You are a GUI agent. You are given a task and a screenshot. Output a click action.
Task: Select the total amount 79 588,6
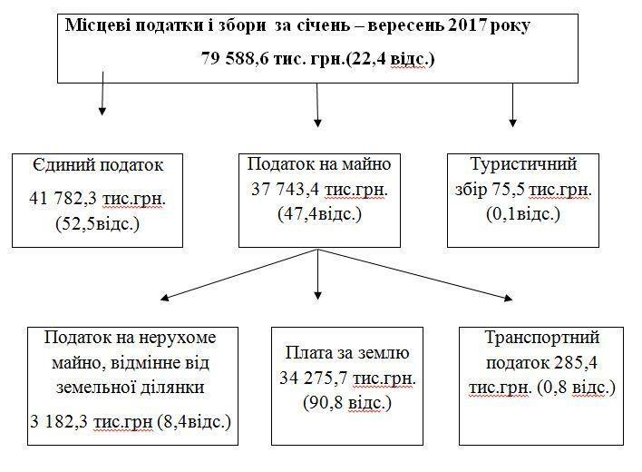pyautogui.click(x=235, y=59)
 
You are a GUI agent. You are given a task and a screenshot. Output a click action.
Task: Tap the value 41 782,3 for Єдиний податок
pyautogui.click(x=63, y=199)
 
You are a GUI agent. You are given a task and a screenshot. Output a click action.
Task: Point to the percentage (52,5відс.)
pyautogui.click(x=97, y=223)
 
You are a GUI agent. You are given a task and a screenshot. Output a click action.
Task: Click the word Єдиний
pyautogui.click(x=63, y=165)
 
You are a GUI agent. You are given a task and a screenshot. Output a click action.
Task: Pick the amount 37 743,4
pyautogui.click(x=285, y=190)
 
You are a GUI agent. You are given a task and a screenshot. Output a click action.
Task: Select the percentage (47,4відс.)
pyautogui.click(x=320, y=214)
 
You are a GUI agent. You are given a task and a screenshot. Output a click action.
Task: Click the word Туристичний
pyautogui.click(x=524, y=164)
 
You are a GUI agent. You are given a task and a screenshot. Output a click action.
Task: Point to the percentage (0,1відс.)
pyautogui.click(x=523, y=214)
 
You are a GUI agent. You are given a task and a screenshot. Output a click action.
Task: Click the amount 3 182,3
pyautogui.click(x=59, y=421)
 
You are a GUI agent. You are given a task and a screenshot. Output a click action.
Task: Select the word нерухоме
pyautogui.click(x=178, y=338)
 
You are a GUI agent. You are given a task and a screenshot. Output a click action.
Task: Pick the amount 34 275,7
pyautogui.click(x=314, y=379)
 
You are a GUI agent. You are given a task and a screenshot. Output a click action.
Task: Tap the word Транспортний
pyautogui.click(x=542, y=338)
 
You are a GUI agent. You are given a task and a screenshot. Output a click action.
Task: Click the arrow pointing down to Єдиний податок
pyautogui.click(x=102, y=93)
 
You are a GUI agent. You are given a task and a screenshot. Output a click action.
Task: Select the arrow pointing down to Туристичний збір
pyautogui.click(x=512, y=105)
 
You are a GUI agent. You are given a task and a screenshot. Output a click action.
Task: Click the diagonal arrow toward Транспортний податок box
pyautogui.click(x=415, y=274)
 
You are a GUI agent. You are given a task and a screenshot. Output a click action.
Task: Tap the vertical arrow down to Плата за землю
pyautogui.click(x=317, y=274)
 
